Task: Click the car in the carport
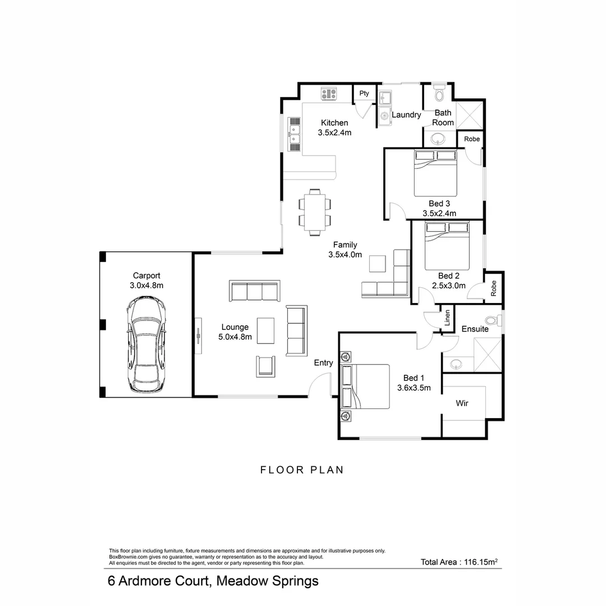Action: point(146,344)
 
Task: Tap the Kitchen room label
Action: point(334,123)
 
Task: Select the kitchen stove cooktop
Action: point(329,94)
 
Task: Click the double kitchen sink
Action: point(294,134)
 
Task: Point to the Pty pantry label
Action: point(364,93)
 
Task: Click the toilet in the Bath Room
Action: point(439,93)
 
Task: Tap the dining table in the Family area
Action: point(315,212)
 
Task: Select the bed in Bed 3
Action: point(435,173)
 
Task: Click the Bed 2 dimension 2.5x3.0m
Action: point(449,286)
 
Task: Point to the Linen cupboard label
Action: point(447,318)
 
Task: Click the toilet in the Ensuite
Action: point(494,320)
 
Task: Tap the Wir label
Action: point(462,403)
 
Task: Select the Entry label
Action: point(324,363)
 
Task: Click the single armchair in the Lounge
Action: point(265,366)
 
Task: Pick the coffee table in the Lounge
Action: point(265,330)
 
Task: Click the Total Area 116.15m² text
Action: point(459,562)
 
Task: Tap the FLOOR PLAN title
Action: point(302,470)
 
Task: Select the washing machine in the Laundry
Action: point(384,116)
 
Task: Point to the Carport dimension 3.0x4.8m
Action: point(146,286)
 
